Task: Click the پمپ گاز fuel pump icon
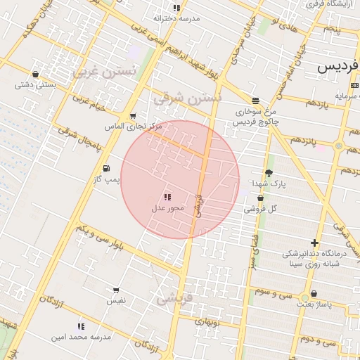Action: click(106, 169)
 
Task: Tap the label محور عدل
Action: click(167, 208)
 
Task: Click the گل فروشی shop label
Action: click(261, 209)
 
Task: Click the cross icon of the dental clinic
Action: click(314, 243)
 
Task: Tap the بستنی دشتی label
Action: click(36, 85)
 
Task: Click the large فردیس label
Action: click(337, 66)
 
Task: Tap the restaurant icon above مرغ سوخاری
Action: click(255, 101)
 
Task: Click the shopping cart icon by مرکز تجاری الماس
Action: click(133, 116)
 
